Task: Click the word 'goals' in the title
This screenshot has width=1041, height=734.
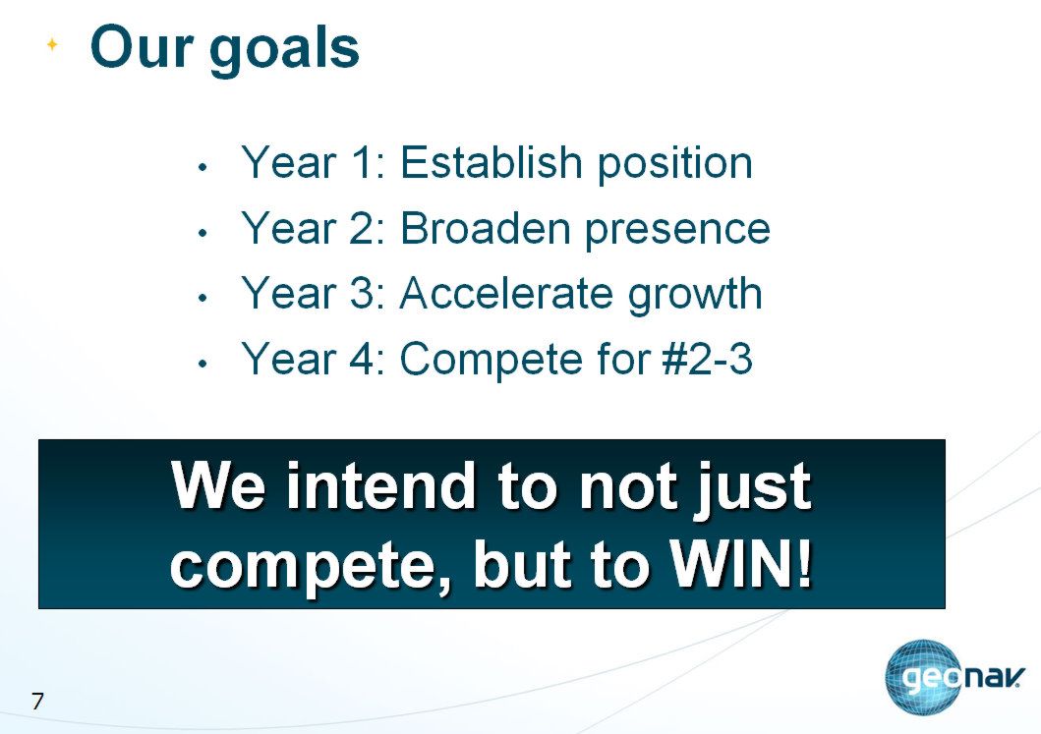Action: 284,52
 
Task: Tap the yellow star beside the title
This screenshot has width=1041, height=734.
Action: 52,45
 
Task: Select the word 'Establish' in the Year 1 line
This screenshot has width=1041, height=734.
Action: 492,162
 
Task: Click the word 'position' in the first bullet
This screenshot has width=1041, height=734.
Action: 674,165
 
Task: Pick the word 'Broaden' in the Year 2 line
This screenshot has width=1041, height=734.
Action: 486,228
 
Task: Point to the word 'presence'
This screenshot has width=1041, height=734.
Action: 677,232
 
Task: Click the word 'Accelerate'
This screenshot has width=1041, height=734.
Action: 506,294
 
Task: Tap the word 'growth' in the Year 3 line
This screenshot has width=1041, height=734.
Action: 695,297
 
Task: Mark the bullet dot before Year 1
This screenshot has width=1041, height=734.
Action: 203,167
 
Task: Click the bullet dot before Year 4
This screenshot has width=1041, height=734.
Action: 203,364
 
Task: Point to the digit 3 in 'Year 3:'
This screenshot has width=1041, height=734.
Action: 363,294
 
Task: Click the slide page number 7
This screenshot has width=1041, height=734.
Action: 37,701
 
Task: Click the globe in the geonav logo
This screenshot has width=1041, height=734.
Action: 922,678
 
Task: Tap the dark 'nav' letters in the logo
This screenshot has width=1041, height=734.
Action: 992,678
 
